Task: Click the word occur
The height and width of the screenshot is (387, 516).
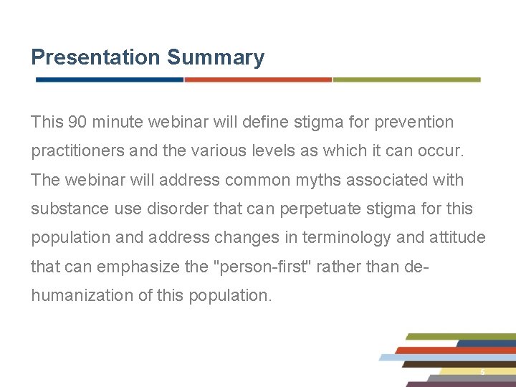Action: pos(445,151)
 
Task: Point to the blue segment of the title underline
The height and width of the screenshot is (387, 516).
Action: pos(110,80)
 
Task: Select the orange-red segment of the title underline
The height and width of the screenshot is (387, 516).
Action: pos(258,80)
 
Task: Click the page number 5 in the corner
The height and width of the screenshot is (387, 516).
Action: pos(482,372)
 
